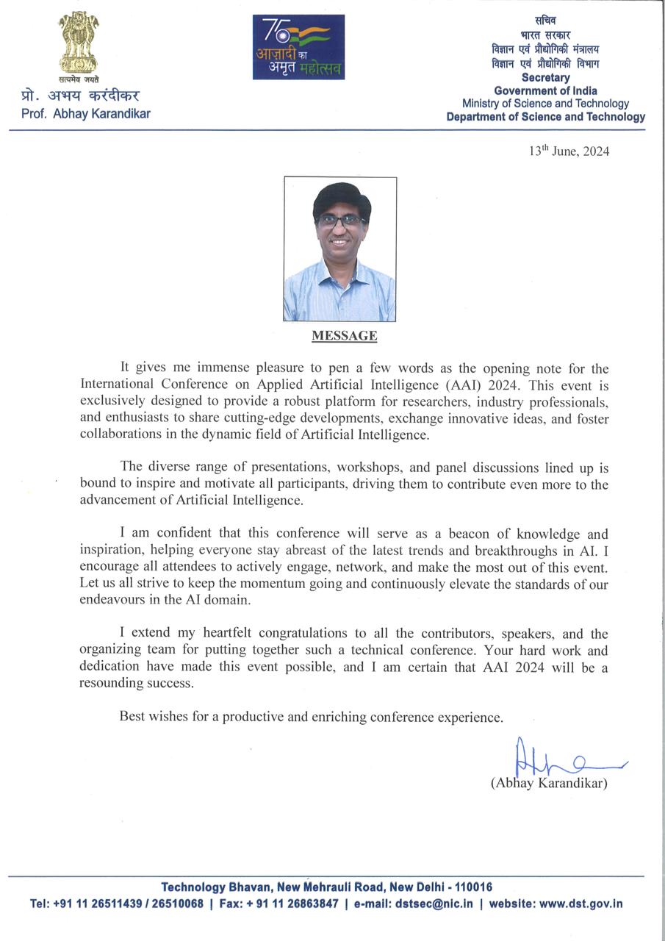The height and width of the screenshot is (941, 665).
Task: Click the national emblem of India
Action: [x=79, y=43]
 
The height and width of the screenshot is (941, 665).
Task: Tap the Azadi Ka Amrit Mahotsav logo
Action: [x=298, y=47]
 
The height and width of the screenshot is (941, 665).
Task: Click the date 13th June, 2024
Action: [x=569, y=151]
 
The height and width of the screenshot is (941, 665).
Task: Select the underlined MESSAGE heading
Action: [x=345, y=336]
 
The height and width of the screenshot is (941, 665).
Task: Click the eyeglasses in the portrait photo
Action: [x=340, y=219]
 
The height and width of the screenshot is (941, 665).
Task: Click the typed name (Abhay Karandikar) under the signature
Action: [x=549, y=784]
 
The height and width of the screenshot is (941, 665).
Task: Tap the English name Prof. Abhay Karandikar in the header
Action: [x=86, y=114]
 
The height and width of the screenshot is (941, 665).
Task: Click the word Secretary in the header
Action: [x=545, y=78]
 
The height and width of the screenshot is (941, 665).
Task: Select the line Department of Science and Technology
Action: [x=545, y=117]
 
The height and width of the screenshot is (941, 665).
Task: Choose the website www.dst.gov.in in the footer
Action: [x=580, y=904]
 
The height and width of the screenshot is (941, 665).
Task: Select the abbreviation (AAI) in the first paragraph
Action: [x=459, y=384]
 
